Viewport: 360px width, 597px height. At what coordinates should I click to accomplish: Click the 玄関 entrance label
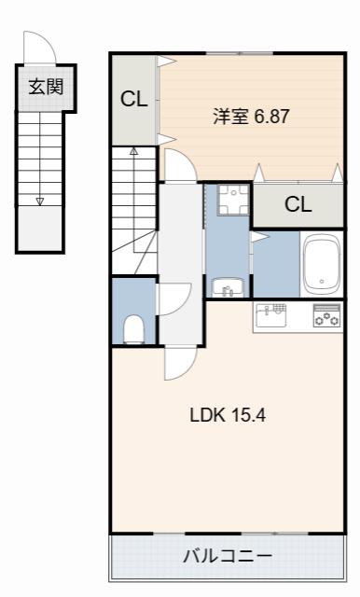(46, 87)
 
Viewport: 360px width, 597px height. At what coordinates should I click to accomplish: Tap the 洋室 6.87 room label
(252, 116)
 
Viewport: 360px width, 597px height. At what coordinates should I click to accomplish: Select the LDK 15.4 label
(228, 415)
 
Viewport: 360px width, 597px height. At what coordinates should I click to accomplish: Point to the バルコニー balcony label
(228, 557)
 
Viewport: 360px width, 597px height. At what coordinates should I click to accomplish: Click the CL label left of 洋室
(134, 100)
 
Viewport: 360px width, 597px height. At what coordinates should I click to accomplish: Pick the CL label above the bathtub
(298, 204)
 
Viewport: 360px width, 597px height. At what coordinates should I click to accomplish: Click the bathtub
(322, 264)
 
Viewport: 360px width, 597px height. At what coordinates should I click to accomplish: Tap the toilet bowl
(133, 329)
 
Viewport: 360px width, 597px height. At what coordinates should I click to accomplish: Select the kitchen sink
(271, 315)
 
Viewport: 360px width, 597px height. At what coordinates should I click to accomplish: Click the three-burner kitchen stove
(327, 315)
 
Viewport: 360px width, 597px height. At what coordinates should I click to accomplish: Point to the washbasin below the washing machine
(228, 287)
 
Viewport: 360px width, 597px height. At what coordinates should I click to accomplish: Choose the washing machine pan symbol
(233, 200)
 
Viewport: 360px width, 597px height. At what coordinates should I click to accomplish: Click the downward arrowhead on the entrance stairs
(40, 201)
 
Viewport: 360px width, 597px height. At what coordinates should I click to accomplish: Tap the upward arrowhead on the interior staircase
(133, 151)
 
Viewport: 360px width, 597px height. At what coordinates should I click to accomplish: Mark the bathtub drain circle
(322, 282)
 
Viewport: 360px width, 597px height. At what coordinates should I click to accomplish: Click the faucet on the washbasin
(228, 291)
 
